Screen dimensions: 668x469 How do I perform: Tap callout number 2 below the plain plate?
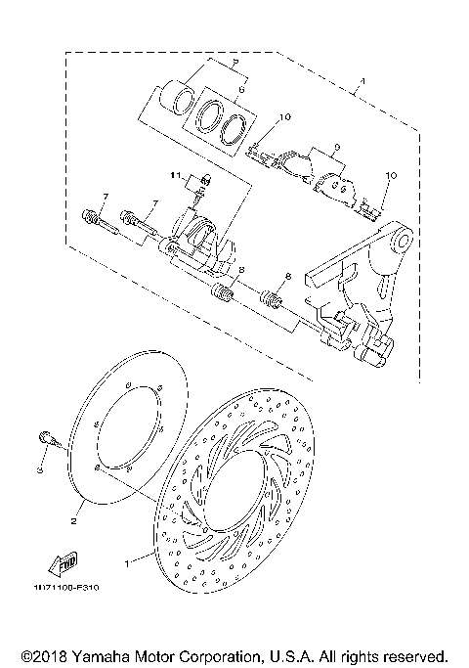(73, 521)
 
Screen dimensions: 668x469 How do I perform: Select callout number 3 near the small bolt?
(41, 470)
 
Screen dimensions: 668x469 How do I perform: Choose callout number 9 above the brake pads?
(336, 149)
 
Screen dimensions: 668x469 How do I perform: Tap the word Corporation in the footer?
(223, 654)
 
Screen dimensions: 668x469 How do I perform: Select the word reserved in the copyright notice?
(417, 654)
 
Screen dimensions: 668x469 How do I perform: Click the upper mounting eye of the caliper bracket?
(400, 240)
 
